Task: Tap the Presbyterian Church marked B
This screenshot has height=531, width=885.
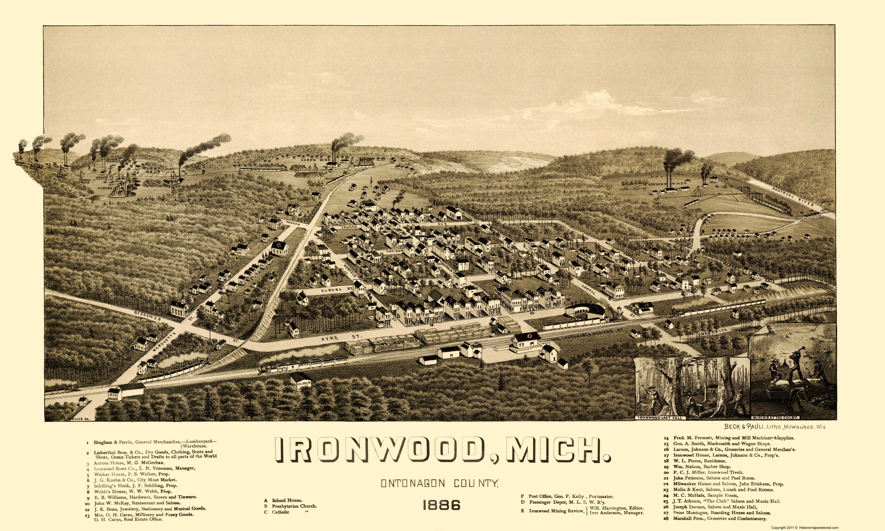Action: (279, 248)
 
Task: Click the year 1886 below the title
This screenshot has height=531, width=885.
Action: (441, 505)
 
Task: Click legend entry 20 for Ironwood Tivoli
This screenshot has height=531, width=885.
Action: (700, 472)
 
